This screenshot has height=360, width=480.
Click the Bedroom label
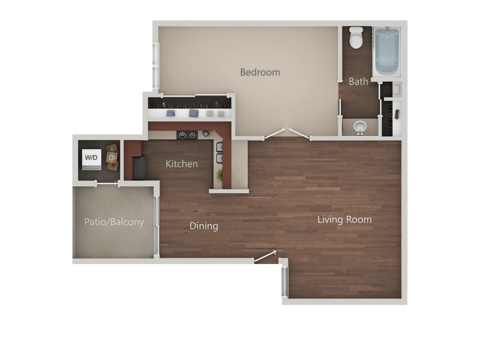(260, 72)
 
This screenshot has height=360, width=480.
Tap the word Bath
(358, 81)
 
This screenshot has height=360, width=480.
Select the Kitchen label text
(182, 164)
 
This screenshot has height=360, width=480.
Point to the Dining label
(204, 226)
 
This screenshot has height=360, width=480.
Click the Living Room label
(344, 220)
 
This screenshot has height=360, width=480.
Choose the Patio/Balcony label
(114, 222)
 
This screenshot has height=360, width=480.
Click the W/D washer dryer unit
(91, 158)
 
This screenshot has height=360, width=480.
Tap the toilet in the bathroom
(355, 38)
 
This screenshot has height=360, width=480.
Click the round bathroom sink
(361, 127)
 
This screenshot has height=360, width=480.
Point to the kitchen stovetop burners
(188, 135)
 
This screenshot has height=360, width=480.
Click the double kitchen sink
(220, 153)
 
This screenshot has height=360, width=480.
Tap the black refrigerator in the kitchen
(139, 168)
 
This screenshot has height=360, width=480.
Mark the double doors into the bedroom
(287, 132)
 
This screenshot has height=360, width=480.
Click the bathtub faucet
(387, 30)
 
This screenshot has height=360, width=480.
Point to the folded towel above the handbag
(396, 90)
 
